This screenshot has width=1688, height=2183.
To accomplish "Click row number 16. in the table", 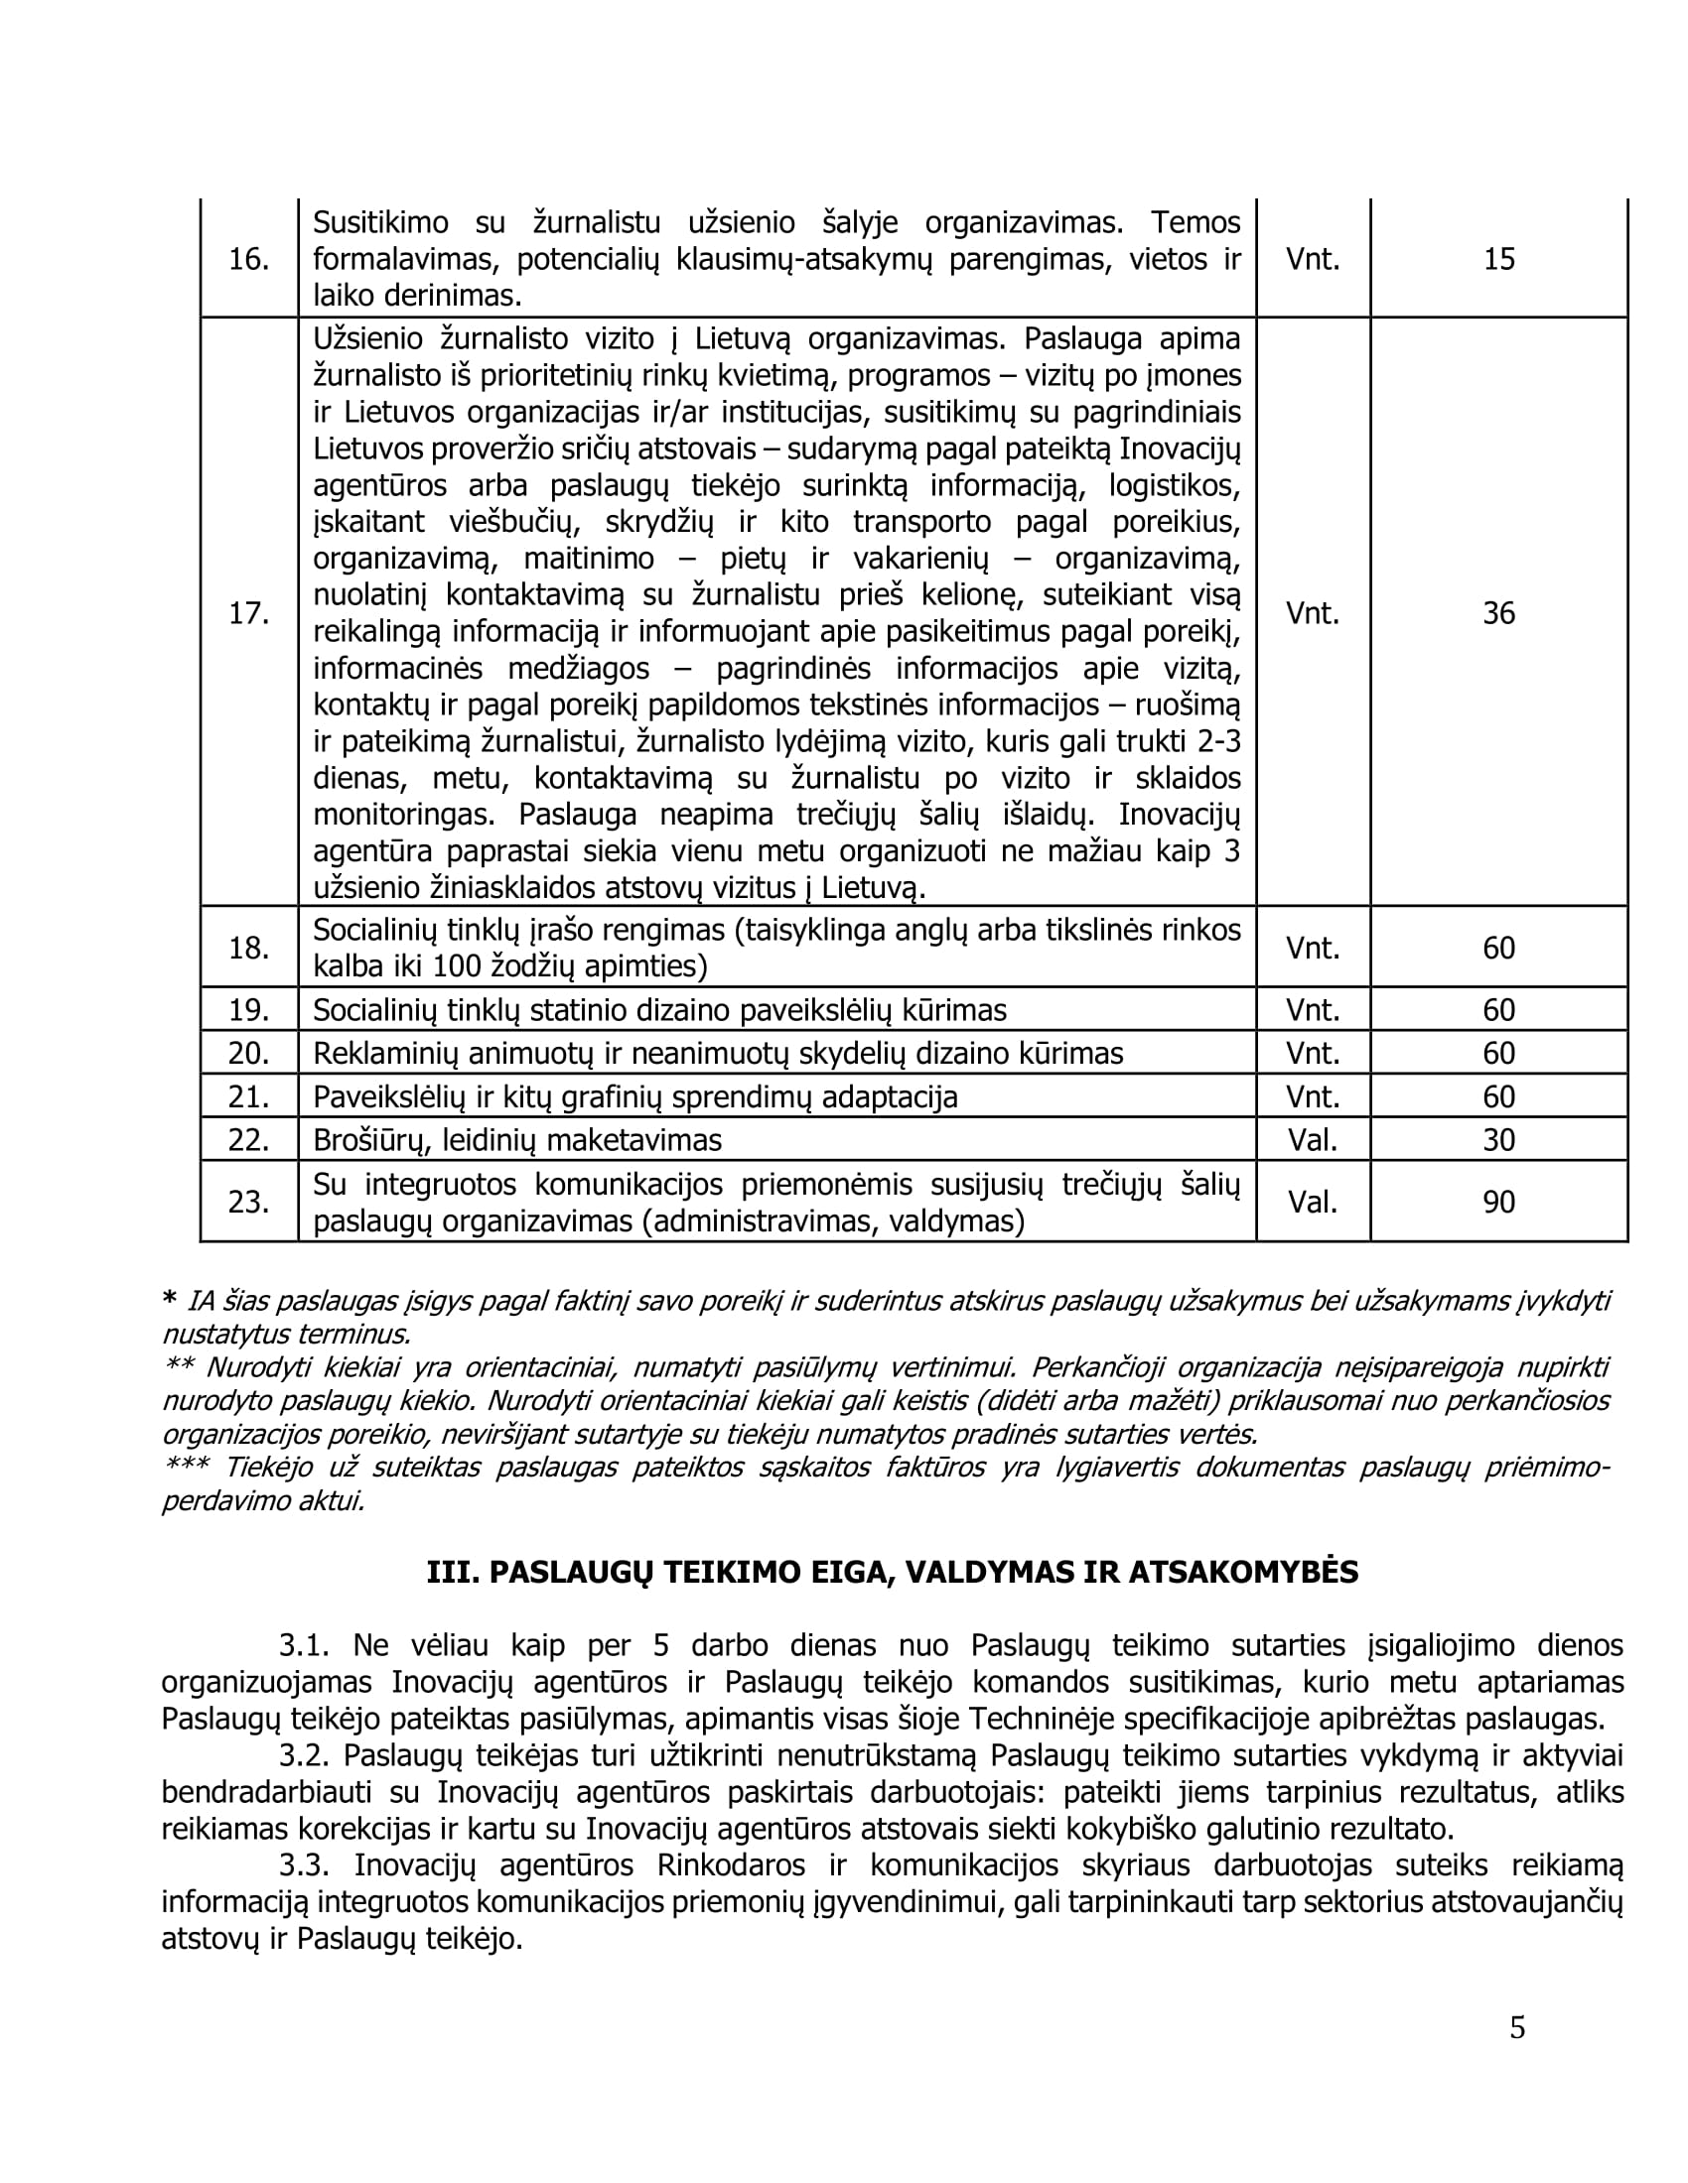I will click(x=248, y=260).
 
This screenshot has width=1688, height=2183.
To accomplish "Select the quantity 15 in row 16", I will click(x=1498, y=260).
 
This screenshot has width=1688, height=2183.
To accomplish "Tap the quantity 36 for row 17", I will click(x=1498, y=612).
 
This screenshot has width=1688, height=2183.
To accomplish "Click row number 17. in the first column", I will click(x=248, y=612).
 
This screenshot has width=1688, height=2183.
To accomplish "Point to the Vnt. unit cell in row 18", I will click(x=1312, y=948).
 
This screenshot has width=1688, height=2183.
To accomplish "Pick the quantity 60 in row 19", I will click(x=1498, y=1010).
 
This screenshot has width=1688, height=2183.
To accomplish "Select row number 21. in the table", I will click(x=248, y=1097).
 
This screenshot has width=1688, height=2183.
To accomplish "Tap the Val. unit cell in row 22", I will click(x=1312, y=1140).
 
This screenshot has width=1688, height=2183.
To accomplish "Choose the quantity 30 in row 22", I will click(x=1498, y=1140).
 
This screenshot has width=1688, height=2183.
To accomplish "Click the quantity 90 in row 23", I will click(x=1498, y=1202).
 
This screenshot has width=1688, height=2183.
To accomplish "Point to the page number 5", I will click(x=1517, y=2028).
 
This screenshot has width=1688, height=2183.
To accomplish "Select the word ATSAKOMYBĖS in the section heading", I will click(x=1243, y=1573).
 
